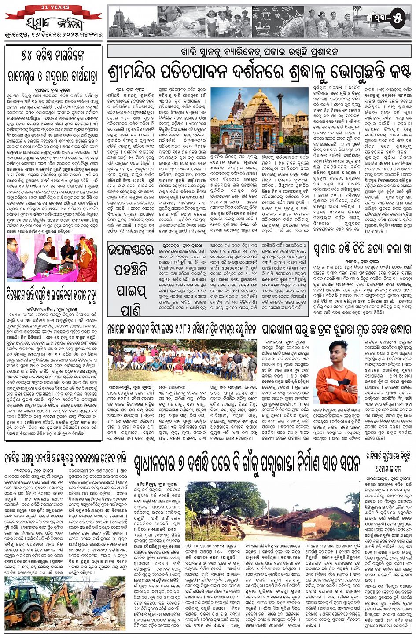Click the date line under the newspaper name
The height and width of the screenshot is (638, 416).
point(52,35)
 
